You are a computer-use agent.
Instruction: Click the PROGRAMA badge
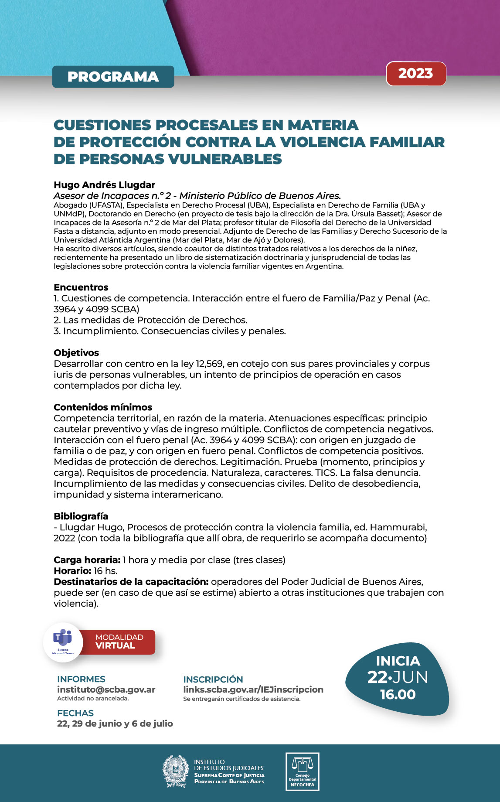(x=113, y=77)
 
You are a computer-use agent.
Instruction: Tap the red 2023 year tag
(x=415, y=74)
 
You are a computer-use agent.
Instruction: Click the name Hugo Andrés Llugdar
(x=104, y=185)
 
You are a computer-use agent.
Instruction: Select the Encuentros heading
(x=81, y=287)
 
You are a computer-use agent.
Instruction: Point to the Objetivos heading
(x=76, y=353)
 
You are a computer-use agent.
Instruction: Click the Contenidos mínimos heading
(x=103, y=407)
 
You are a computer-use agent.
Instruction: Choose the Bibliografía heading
(x=81, y=516)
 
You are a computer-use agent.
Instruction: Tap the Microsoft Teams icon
(x=63, y=638)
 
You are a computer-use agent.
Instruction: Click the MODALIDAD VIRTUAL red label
(x=119, y=642)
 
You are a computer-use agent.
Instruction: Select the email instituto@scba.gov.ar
(x=106, y=689)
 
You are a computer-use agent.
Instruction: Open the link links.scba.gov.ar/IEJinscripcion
(x=253, y=689)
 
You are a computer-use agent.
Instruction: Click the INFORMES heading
(x=81, y=679)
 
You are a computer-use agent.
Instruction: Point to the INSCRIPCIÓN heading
(x=213, y=679)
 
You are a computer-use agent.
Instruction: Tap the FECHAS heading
(x=75, y=713)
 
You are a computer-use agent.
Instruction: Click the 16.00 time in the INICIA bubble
(x=398, y=695)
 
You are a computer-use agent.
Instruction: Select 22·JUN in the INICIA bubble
(x=398, y=677)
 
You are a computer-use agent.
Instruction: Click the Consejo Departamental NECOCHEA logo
(x=302, y=771)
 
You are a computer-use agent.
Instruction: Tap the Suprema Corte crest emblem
(x=175, y=771)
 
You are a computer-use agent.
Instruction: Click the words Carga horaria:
(x=87, y=560)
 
